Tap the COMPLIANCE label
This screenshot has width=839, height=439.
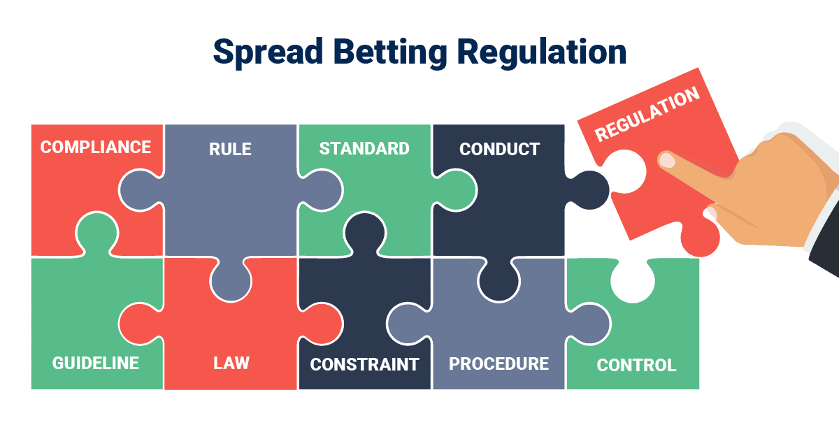click(96, 147)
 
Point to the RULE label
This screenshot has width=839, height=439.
click(230, 149)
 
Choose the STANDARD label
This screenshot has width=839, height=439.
click(364, 149)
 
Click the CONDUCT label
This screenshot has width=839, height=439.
click(499, 149)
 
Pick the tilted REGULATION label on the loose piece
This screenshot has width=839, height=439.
click(647, 115)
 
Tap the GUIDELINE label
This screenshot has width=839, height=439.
click(96, 364)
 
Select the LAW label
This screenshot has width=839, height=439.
click(231, 364)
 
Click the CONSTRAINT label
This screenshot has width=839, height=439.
click(364, 364)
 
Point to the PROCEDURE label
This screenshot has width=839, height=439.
click(499, 364)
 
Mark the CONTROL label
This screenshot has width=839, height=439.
click(636, 365)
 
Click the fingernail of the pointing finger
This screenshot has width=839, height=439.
click(668, 161)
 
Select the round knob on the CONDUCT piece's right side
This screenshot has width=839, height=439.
click(591, 189)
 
